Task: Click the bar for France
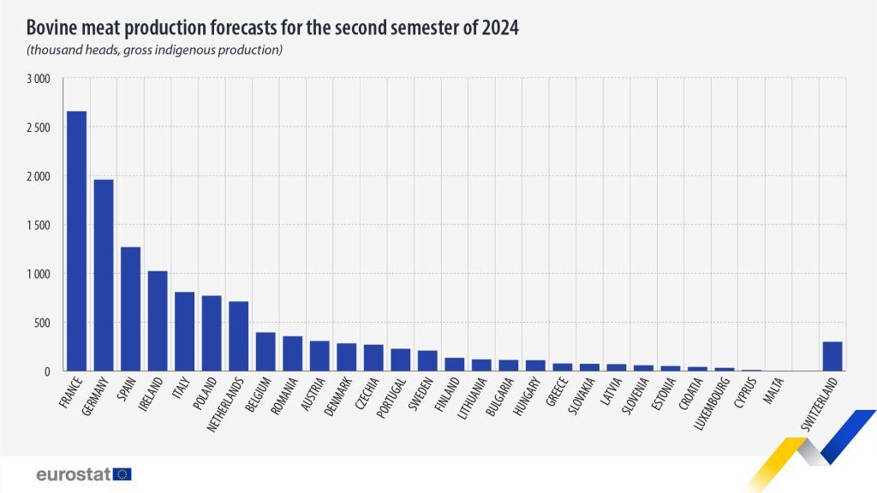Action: [x=76, y=241]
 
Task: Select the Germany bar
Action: [x=104, y=275]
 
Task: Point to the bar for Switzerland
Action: [x=832, y=356]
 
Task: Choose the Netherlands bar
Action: [x=239, y=336]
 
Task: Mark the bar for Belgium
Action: [x=265, y=352]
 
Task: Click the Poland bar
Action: [x=212, y=333]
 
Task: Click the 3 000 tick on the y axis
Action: [x=39, y=79]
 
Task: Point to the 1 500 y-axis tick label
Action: [x=39, y=225]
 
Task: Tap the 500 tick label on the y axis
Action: [x=44, y=323]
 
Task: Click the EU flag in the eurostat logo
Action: [x=122, y=473]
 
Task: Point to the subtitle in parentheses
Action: [x=155, y=50]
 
